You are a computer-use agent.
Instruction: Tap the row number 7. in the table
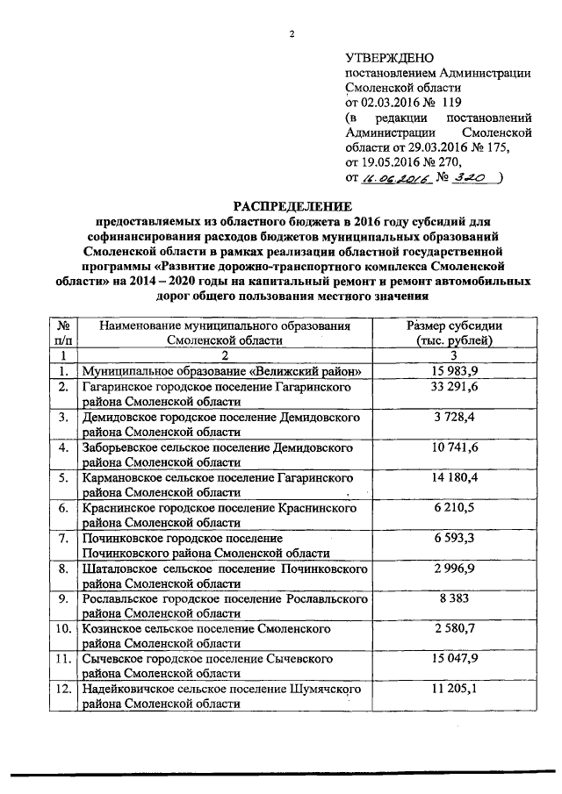click(63, 538)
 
